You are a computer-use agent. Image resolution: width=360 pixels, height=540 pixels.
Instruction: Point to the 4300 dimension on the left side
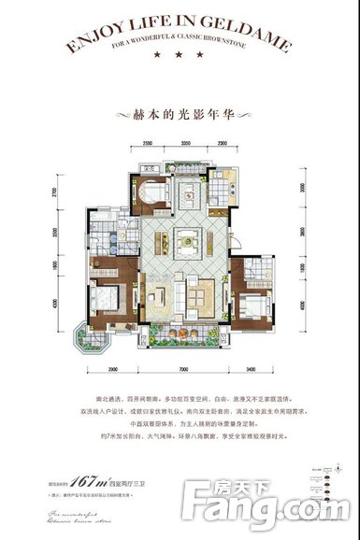[81, 305]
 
